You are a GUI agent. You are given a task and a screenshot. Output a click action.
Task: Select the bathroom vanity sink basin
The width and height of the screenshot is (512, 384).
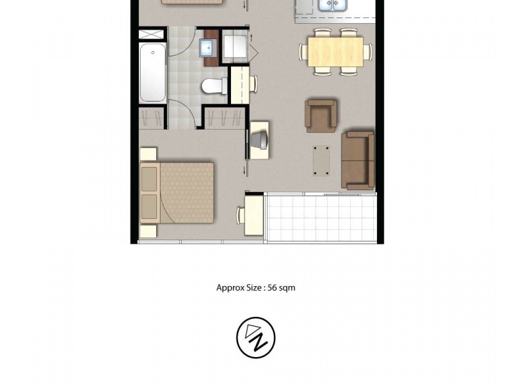[207, 47]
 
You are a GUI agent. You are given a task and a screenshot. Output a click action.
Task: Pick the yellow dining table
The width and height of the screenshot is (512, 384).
[335, 51]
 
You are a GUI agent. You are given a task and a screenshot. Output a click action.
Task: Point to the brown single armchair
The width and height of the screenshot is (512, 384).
[321, 116]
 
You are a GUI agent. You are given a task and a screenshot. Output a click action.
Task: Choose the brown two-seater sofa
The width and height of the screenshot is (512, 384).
[358, 160]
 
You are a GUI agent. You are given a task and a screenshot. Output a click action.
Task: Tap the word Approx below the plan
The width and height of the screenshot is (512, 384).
[230, 288]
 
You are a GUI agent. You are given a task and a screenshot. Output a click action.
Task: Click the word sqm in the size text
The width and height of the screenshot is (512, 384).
[285, 288]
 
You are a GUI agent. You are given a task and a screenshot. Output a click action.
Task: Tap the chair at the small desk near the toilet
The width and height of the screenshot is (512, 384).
[253, 83]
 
